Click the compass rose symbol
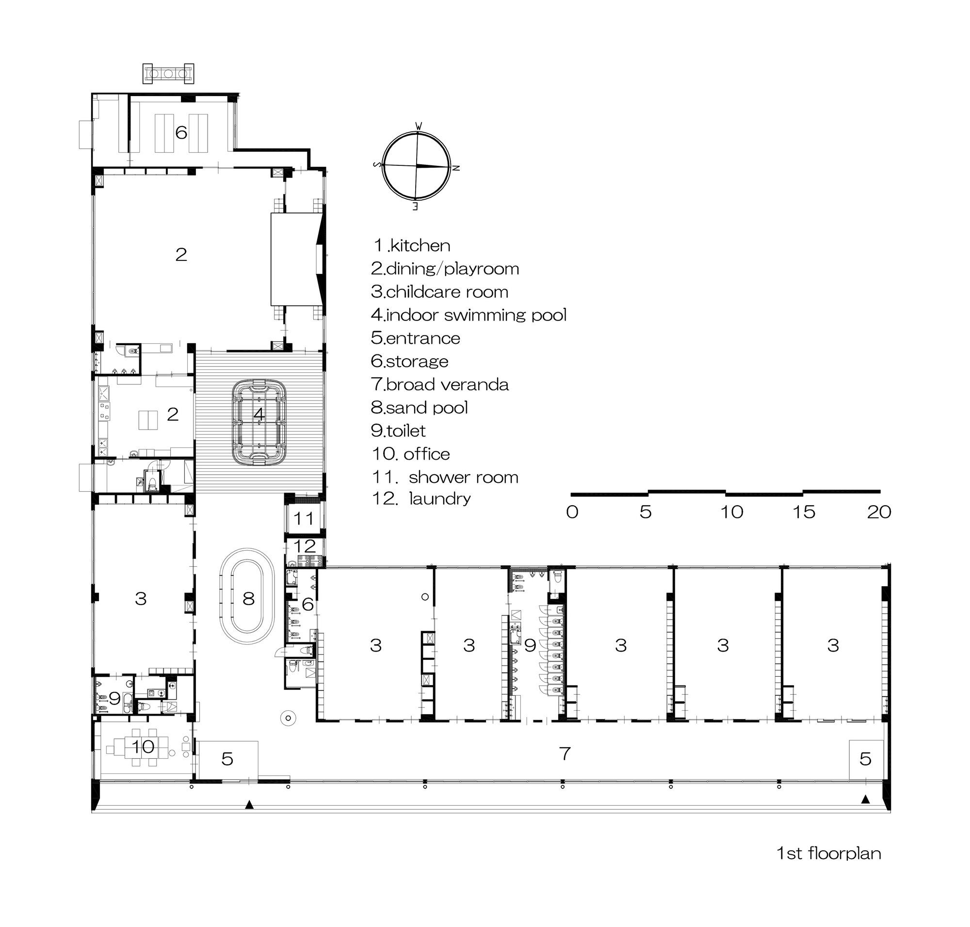point(416,166)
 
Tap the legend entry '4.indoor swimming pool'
point(468,315)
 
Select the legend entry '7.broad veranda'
point(439,384)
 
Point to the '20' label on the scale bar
point(878,512)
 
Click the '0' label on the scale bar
point(572,512)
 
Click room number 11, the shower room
point(304,518)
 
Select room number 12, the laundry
point(305,546)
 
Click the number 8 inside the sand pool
point(248,599)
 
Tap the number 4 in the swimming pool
point(259,415)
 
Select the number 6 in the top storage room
point(181,132)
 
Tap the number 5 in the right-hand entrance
point(865,759)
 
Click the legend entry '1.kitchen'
point(412,245)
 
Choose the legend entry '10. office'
point(410,454)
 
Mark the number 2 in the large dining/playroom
point(181,255)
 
